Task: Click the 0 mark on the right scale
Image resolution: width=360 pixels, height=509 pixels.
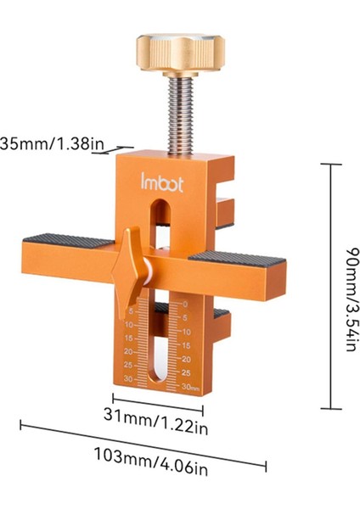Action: click(185, 304)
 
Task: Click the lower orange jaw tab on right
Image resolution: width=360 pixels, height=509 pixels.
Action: click(221, 327)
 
